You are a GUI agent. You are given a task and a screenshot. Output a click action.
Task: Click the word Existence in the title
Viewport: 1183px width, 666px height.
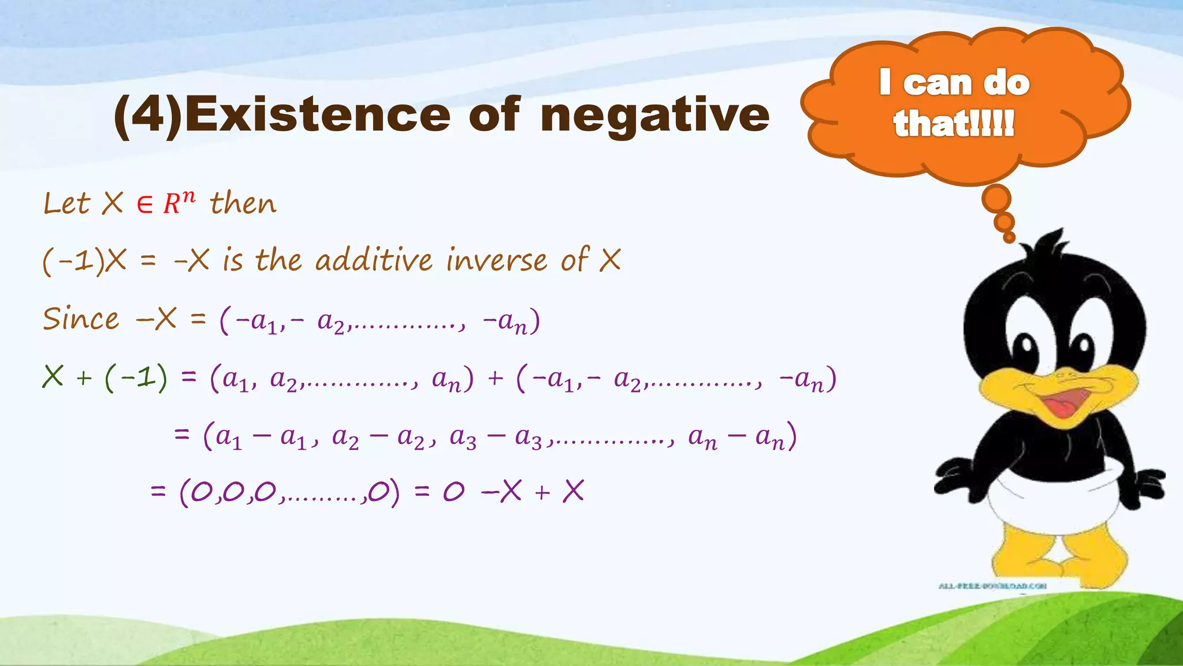pos(317,114)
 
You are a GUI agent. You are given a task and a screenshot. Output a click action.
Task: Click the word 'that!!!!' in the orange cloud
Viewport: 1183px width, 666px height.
pos(954,123)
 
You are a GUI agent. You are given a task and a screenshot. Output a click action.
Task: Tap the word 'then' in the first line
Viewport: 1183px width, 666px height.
pos(243,203)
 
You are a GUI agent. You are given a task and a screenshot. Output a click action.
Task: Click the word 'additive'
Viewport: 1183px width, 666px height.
pos(374,260)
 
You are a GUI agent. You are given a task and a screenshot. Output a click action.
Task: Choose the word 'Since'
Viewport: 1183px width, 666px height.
pos(81,319)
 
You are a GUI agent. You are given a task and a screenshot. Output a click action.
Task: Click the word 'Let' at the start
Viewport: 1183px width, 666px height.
pos(66,203)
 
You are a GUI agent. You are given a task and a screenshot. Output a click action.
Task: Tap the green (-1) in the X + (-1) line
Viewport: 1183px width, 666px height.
pos(136,379)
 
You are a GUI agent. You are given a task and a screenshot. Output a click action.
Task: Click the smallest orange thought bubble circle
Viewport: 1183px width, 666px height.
pos(1009,237)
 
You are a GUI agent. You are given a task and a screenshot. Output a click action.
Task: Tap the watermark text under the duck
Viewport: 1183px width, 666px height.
pos(992,586)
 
